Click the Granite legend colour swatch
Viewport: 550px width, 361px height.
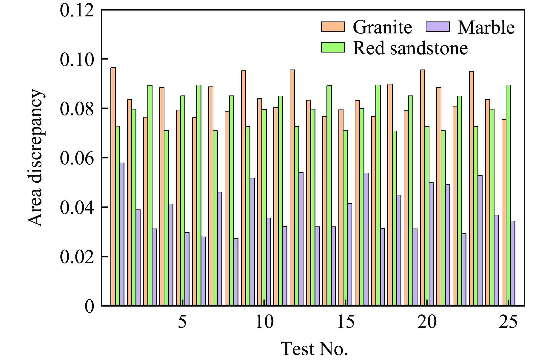point(333,27)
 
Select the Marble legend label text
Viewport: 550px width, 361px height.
point(486,27)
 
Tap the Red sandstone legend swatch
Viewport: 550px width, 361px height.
point(333,47)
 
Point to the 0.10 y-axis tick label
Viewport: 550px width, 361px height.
point(77,59)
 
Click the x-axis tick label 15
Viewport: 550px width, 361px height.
point(346,322)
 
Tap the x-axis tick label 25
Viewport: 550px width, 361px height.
point(508,322)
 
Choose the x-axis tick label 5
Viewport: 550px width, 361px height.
point(182,322)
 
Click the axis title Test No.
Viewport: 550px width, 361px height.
point(314,348)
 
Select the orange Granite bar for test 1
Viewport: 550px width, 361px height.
point(113,186)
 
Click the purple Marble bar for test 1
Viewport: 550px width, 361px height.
point(122,234)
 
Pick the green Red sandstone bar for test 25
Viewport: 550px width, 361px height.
point(508,195)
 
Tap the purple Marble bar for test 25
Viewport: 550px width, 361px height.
point(513,263)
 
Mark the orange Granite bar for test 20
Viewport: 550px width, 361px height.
point(423,188)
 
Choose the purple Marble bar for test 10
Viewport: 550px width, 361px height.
point(269,262)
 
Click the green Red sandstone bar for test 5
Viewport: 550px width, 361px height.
point(183,201)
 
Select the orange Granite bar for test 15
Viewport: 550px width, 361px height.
point(341,207)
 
